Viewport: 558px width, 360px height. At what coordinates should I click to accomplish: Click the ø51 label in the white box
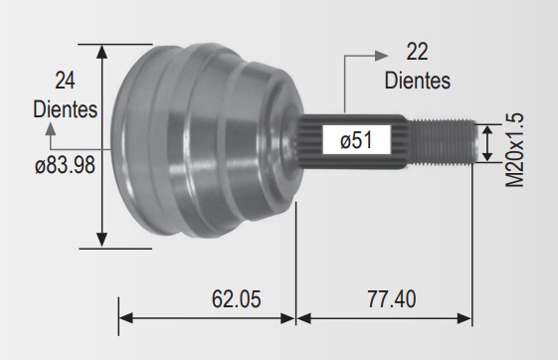point(356,139)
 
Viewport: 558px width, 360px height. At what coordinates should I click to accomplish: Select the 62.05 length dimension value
point(237,298)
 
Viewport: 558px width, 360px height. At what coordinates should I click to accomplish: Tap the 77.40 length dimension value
point(392,299)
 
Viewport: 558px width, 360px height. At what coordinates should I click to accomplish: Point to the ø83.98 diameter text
point(65,165)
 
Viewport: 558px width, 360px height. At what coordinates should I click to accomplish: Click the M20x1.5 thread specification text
point(514,150)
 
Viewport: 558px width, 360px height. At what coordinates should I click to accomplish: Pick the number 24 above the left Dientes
point(65,81)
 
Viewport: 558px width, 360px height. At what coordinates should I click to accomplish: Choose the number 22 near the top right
point(417,52)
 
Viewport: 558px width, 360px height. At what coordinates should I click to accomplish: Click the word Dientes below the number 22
point(418,81)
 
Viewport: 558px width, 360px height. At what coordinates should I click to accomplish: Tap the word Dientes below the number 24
point(65,109)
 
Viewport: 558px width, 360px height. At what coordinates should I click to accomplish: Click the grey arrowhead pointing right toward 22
point(382,56)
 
